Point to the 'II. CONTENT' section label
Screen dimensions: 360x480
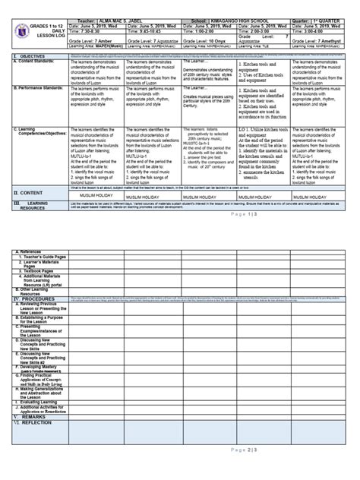tap(31, 194)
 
